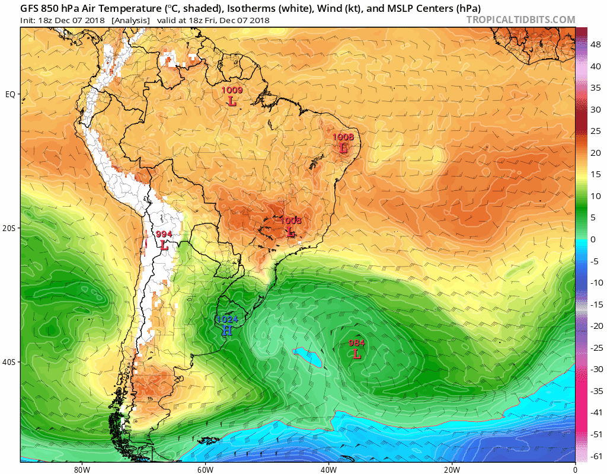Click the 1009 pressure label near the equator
[232, 91]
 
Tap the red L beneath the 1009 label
[232, 101]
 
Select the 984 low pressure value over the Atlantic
[356, 343]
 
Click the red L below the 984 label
[356, 354]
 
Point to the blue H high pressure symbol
[227, 331]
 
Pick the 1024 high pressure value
[227, 319]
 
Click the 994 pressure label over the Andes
[164, 234]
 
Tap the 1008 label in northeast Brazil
[343, 137]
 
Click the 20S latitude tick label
[10, 228]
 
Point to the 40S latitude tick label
[10, 362]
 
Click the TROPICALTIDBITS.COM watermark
[520, 20]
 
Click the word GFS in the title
[31, 8]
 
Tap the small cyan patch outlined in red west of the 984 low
[308, 357]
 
